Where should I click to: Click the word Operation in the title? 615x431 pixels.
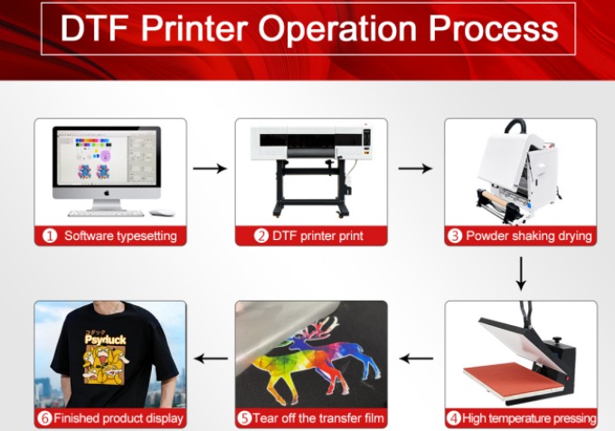(337, 30)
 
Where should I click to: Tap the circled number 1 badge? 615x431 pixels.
(50, 236)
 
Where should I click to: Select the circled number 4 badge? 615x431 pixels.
(453, 418)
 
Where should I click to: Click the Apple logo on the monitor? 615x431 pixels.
(107, 193)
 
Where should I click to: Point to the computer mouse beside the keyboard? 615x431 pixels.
(162, 213)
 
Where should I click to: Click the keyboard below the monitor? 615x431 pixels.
(107, 214)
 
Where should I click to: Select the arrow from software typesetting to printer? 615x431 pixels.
(210, 168)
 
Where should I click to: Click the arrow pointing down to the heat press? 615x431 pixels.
(521, 273)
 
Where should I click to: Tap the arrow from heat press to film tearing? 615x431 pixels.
(416, 359)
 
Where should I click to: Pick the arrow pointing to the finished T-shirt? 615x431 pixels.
(211, 359)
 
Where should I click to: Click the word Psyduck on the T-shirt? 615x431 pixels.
(106, 340)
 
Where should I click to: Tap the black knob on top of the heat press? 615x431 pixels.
(556, 340)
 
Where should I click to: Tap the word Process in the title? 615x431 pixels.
(493, 30)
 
